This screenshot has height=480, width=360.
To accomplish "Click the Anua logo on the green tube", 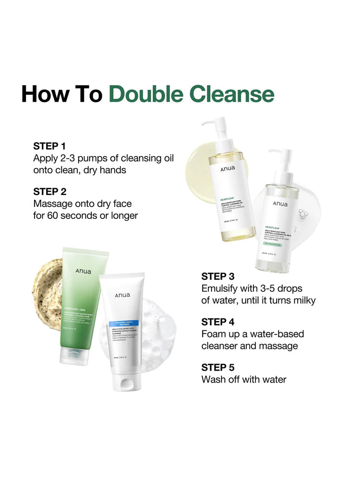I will tap(83, 271).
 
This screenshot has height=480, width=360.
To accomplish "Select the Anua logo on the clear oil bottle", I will tap(280, 204).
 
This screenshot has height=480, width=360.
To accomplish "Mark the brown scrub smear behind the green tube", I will tap(46, 288).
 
